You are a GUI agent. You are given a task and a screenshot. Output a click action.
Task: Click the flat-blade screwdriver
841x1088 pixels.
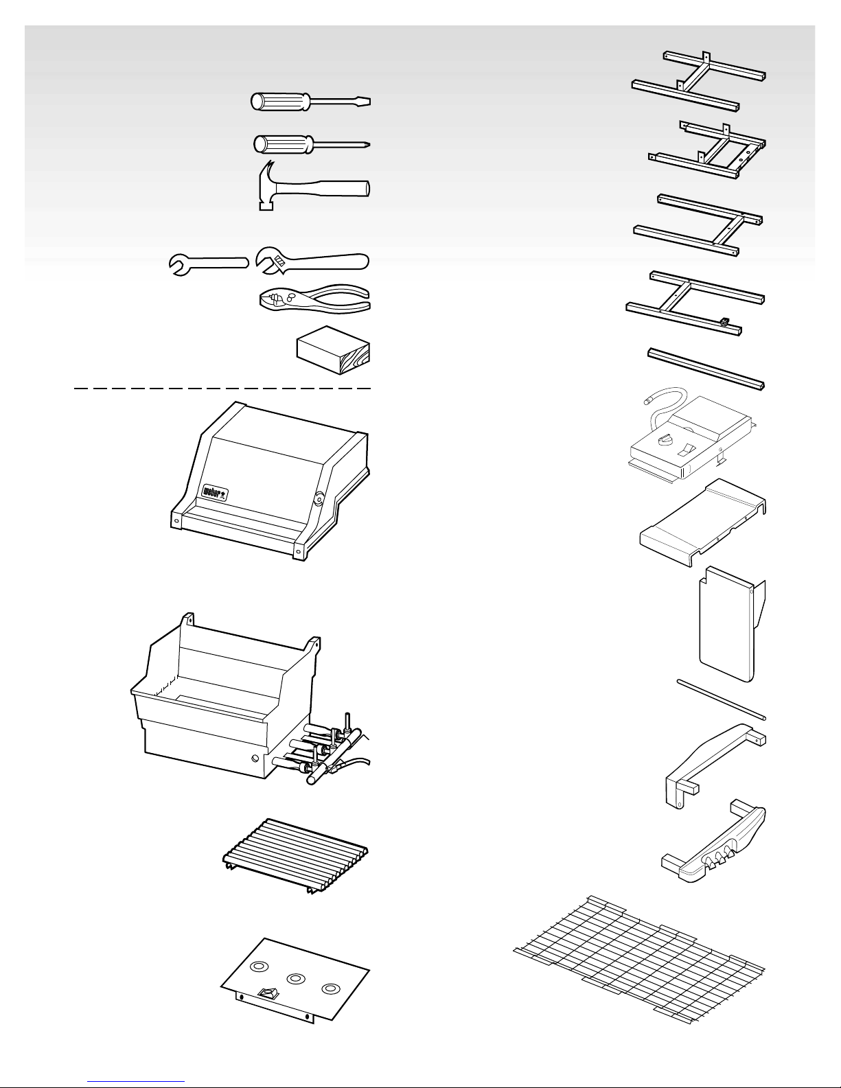click(x=310, y=102)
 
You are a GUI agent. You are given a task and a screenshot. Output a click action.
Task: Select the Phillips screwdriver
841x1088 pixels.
click(x=312, y=144)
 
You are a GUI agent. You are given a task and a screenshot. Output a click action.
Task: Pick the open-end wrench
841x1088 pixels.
click(x=209, y=264)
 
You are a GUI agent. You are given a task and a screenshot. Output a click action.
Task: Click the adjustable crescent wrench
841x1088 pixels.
click(x=312, y=261)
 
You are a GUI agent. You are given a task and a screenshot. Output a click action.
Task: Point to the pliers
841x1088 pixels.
click(x=315, y=299)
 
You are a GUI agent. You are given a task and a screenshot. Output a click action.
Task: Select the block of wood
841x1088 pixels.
click(x=333, y=350)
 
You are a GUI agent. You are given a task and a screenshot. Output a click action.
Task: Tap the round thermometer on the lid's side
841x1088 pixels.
click(x=319, y=498)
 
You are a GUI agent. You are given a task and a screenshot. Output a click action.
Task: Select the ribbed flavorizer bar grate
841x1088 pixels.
click(x=295, y=857)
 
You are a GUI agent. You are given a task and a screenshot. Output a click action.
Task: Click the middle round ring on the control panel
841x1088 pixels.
click(x=296, y=978)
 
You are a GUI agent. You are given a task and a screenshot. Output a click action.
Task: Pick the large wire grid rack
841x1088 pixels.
click(x=639, y=960)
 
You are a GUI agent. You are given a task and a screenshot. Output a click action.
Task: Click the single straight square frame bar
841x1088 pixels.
click(x=706, y=369)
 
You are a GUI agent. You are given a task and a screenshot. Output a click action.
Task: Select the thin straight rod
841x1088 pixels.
click(x=722, y=699)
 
